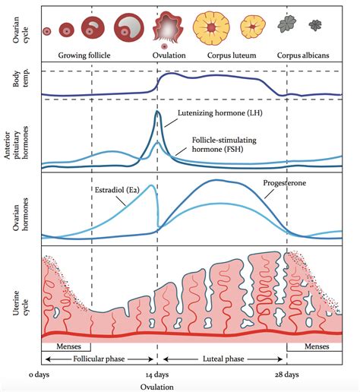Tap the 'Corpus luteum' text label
tap(232, 56)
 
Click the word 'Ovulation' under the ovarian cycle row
tap(169, 56)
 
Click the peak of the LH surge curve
tap(158, 112)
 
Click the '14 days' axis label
tap(158, 375)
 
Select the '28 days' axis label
tap(286, 375)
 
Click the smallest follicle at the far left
tap(47, 31)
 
